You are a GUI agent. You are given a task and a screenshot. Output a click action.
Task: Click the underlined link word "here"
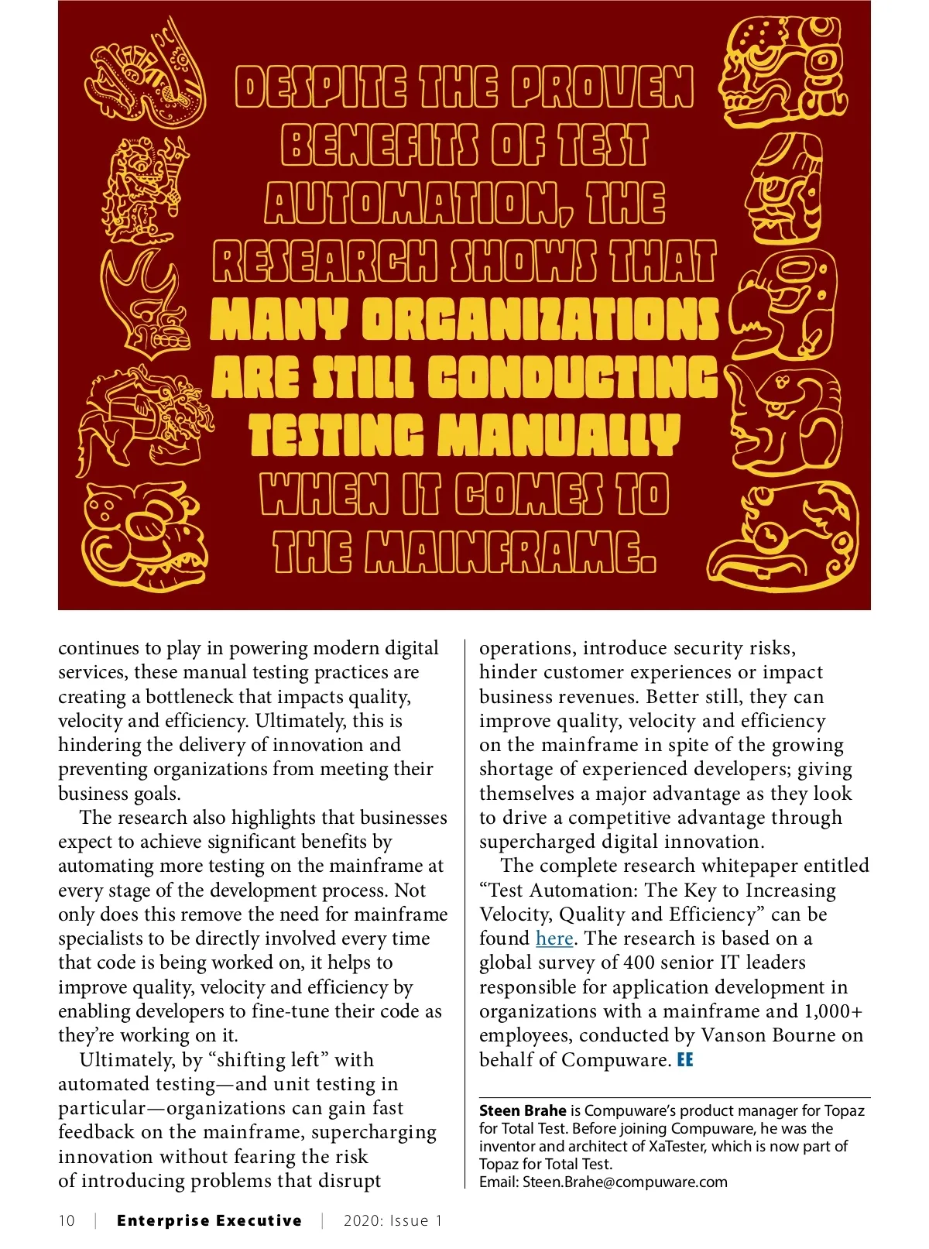coord(554,938)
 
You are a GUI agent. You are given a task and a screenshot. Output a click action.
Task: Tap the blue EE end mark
coord(685,1060)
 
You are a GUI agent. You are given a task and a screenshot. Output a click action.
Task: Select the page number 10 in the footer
coord(67,1221)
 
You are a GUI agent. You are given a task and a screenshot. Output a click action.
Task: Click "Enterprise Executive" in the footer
coord(209,1221)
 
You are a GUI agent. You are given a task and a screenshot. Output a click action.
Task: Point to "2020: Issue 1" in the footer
coord(393,1221)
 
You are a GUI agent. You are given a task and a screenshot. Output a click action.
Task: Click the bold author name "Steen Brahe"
coord(523,1111)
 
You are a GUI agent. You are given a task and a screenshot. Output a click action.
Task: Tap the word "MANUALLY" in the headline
coord(558,436)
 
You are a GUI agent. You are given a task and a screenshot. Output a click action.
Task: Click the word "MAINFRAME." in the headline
coord(510,551)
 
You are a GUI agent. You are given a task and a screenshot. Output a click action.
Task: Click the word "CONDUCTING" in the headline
coord(574,378)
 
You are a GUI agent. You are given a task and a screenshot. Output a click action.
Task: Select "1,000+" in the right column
coord(834,1011)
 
